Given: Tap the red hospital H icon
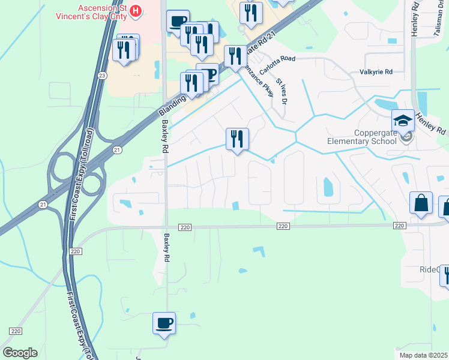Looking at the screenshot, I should [136, 10].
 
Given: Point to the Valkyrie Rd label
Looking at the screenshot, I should [376, 72].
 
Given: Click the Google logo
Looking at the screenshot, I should [19, 353].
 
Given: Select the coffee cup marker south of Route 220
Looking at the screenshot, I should [164, 324].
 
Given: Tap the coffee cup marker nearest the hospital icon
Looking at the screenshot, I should [178, 22].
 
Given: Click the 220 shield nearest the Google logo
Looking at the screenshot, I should [16, 331].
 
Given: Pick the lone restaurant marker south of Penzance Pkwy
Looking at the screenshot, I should [237, 139].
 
